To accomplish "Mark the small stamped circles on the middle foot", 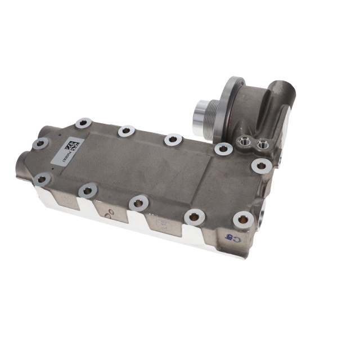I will (111, 212).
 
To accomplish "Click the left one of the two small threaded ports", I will (245, 141).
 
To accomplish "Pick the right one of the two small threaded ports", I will (262, 146).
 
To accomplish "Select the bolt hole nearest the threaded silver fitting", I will (223, 148).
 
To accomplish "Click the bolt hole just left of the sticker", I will (39, 143).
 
